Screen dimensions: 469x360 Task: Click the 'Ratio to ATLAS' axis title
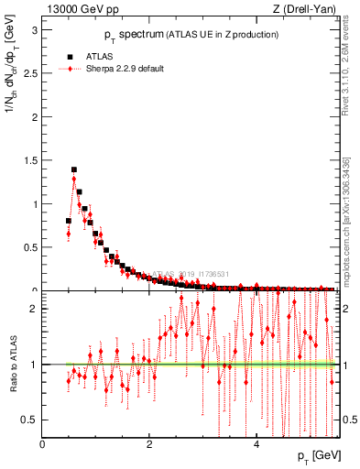pyautogui.click(x=12, y=365)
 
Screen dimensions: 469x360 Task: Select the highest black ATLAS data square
pyautogui.click(x=73, y=169)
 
